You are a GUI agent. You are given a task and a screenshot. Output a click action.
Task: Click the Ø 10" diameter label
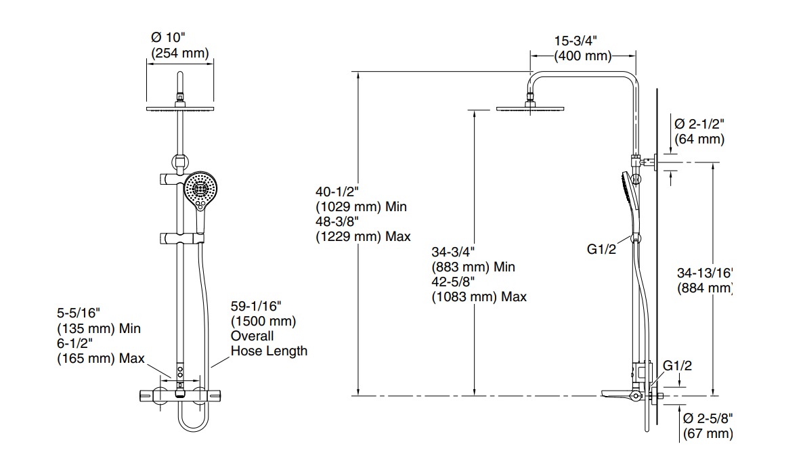pos(167,37)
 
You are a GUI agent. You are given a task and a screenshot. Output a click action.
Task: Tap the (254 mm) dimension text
pos(179,53)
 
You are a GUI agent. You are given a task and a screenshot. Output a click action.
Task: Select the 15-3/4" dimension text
pos(575,41)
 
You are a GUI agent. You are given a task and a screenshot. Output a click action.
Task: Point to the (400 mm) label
pos(583,56)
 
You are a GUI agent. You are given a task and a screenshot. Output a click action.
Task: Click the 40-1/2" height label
pos(337,192)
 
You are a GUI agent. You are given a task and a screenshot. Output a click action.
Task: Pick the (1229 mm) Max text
pos(363,237)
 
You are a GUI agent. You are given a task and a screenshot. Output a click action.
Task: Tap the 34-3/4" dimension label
pos(453,252)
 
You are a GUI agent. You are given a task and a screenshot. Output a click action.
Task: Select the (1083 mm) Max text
pos(479,297)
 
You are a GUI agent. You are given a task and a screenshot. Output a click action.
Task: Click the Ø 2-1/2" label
pos(699,124)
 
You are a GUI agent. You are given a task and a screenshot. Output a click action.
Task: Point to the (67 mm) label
pos(708,434)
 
